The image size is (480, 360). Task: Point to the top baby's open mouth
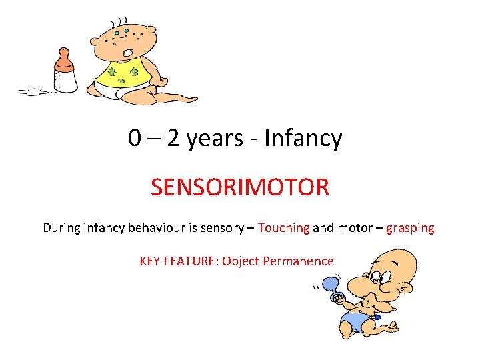127,51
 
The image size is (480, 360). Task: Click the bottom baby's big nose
375,285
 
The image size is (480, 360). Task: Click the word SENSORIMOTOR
239,187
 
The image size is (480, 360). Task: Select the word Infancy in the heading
303,139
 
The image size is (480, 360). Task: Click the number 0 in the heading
135,139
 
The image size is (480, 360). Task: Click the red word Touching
283,228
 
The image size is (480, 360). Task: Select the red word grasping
409,228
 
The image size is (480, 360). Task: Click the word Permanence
298,261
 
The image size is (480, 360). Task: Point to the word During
61,228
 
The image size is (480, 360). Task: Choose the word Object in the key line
241,261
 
